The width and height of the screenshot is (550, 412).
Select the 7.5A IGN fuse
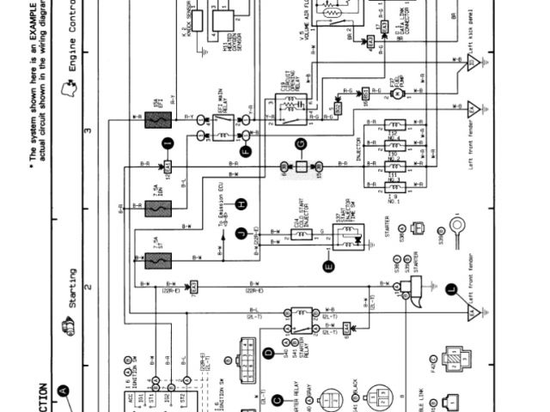(158, 209)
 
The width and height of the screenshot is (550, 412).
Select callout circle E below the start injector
(328, 266)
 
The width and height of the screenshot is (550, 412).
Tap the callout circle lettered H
(242, 203)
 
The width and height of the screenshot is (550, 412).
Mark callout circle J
(241, 232)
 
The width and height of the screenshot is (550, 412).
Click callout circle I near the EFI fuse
(168, 143)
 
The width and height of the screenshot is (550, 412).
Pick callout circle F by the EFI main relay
(246, 152)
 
